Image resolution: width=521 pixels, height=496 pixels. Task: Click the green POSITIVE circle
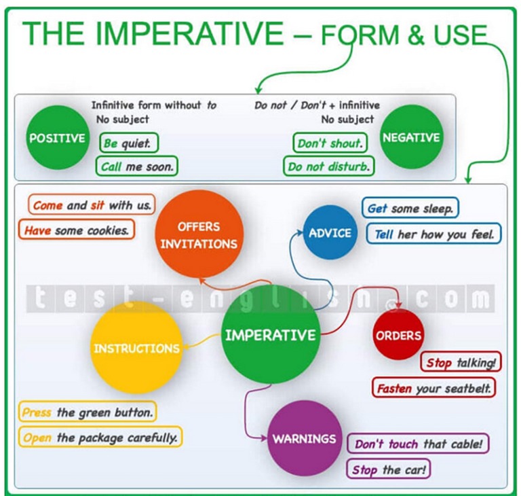[x=58, y=138]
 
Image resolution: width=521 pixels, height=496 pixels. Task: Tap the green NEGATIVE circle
[x=411, y=137]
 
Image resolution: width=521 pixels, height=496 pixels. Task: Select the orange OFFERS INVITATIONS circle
[x=198, y=234]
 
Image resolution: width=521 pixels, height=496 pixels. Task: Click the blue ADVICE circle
[x=330, y=232]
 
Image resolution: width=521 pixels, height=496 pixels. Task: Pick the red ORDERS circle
[x=398, y=334]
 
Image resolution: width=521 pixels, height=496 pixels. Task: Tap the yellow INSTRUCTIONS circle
[x=137, y=348]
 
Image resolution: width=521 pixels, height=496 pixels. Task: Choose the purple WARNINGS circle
[x=304, y=438]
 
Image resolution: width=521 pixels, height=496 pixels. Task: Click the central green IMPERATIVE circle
[x=271, y=334]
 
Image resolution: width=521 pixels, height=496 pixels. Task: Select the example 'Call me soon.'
[x=137, y=166]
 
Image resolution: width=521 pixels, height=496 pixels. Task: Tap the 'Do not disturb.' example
[x=329, y=166]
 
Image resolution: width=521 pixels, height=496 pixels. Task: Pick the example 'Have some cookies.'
[x=76, y=230]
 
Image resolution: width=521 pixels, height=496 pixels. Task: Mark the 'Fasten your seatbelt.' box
[x=434, y=389]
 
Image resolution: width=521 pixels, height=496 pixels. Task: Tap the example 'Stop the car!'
[x=389, y=470]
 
